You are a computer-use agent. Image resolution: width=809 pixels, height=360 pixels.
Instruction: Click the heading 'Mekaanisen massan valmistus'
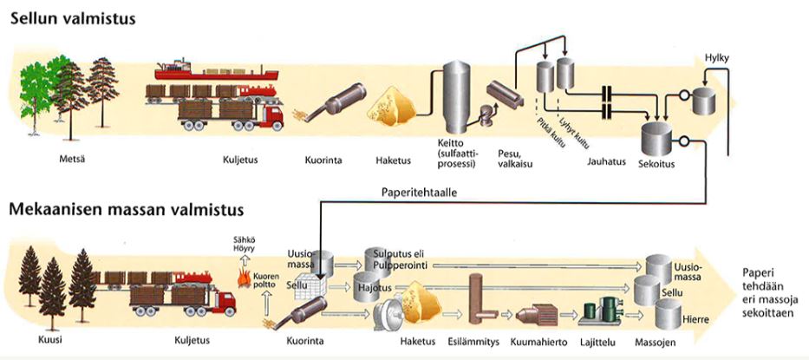pyautogui.click(x=126, y=209)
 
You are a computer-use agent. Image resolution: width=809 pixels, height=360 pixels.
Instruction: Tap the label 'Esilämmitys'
pyautogui.click(x=473, y=342)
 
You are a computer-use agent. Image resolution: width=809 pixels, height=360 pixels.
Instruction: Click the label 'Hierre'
pyautogui.click(x=695, y=319)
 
